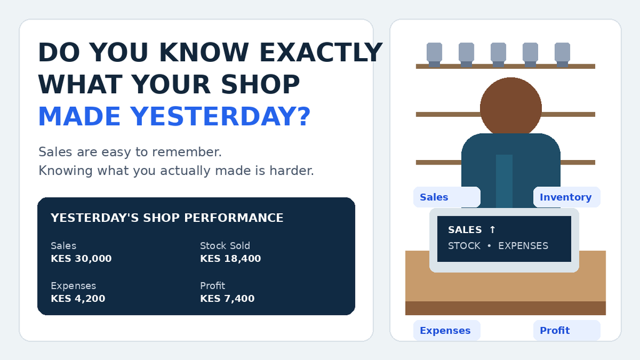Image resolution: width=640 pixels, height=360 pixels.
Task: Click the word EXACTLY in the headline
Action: [x=321, y=52]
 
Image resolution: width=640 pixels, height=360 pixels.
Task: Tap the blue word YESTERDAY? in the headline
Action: [x=221, y=116]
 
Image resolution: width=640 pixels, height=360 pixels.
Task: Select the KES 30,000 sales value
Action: [x=81, y=258]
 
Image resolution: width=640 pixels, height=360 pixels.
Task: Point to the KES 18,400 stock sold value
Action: [x=231, y=258]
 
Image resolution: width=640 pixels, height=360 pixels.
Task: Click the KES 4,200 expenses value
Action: [x=78, y=298]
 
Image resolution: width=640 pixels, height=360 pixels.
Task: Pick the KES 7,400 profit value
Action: [x=227, y=298]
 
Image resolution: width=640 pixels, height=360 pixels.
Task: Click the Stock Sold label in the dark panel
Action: [x=225, y=246]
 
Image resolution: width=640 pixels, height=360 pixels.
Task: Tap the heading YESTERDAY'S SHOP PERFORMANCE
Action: [x=167, y=218]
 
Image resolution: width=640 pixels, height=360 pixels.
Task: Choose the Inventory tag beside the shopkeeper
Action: [x=566, y=197]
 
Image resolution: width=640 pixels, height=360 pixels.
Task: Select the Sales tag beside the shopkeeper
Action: [x=447, y=197]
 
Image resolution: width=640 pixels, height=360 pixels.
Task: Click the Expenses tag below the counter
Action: [x=447, y=330]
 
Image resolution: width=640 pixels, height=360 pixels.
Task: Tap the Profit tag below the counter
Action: [x=566, y=330]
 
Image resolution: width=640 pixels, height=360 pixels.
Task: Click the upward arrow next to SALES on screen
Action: [x=492, y=230]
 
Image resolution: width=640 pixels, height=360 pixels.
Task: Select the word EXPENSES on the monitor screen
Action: [x=523, y=246]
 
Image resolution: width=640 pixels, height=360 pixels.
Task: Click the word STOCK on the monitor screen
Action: [x=464, y=246]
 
